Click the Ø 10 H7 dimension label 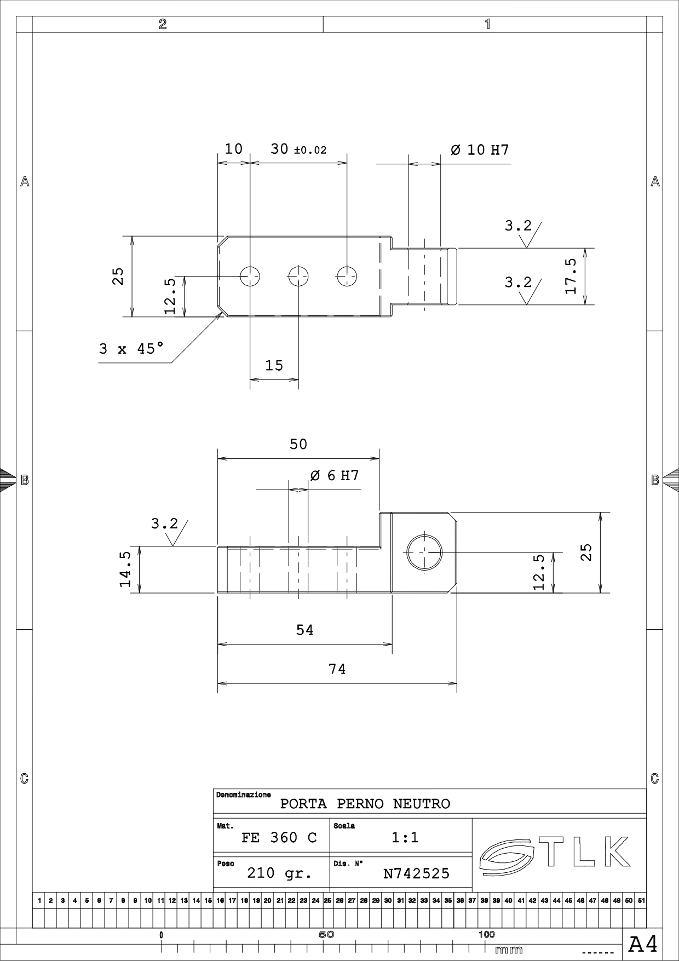coord(480,149)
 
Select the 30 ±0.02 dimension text coord(298,149)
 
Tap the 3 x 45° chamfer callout coord(131,348)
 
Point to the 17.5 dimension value coord(571,276)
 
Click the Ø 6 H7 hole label coord(335,475)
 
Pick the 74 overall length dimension coord(337,669)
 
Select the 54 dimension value coord(305,630)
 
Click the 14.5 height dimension coord(125,569)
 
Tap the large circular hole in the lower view coord(424,553)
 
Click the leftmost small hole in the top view coord(250,276)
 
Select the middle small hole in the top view coord(298,276)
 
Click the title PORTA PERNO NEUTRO coord(365,804)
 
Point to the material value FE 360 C coord(279,837)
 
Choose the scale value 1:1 coord(405,837)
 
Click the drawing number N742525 coord(416,873)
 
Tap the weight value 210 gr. coord(279,873)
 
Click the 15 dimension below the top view coord(274,365)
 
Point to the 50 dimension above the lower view coord(298,444)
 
